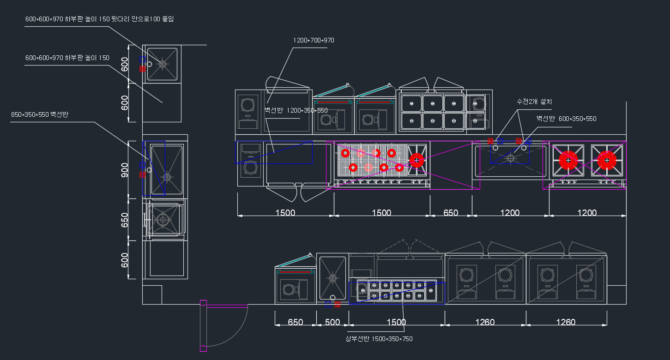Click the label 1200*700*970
314,40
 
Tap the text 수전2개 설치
534,102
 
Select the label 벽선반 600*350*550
566,119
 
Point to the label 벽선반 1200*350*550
296,110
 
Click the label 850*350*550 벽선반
40,114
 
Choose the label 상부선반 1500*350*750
379,339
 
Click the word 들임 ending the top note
168,19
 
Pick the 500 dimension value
332,322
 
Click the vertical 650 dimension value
125,220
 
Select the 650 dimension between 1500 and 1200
451,213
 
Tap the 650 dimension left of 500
296,322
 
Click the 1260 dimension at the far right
566,322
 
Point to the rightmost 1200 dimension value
587,213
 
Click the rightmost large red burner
607,160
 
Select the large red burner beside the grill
416,160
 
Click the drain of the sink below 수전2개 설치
510,158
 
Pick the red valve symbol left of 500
338,304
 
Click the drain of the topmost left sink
162,64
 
